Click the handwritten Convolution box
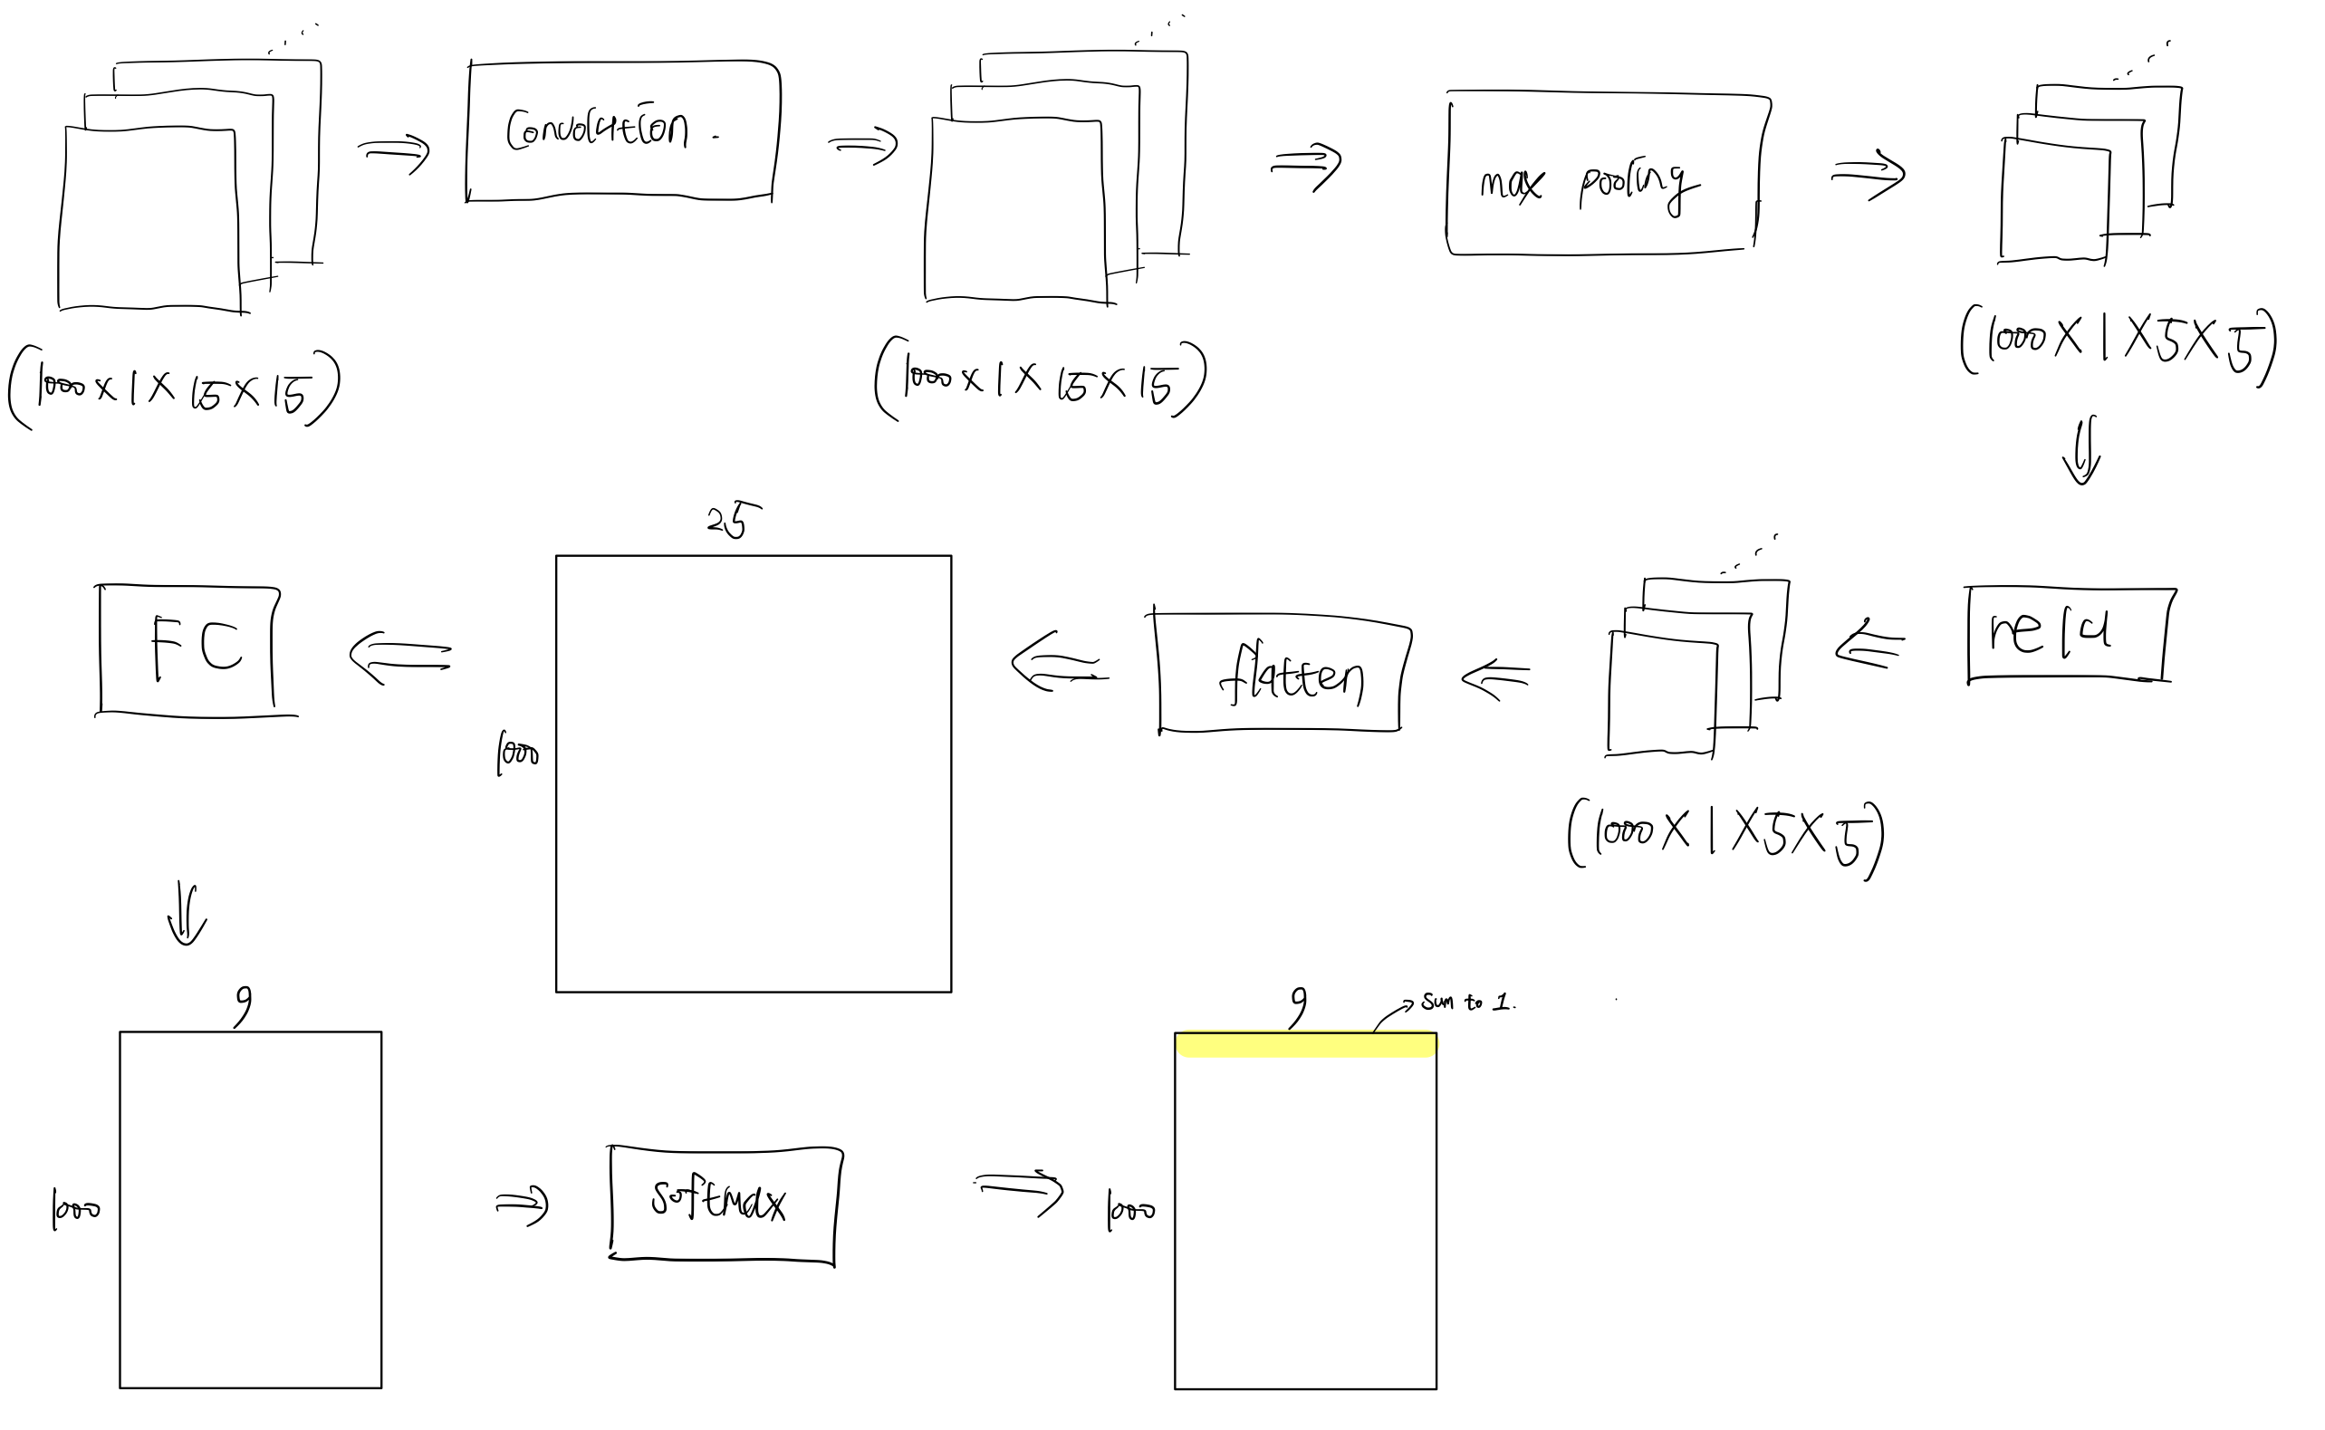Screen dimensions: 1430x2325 click(622, 130)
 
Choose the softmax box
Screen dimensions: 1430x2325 click(724, 1204)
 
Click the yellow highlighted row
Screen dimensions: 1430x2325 click(1305, 1044)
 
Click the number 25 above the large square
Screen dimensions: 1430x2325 click(733, 519)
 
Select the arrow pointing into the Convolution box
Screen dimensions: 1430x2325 click(393, 152)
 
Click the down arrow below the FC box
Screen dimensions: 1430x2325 click(187, 915)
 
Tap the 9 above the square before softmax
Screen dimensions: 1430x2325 click(243, 1005)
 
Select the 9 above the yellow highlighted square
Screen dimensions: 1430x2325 click(1299, 1007)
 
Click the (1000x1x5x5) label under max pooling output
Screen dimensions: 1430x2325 click(2117, 342)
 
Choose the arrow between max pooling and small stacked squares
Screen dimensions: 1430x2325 click(1868, 175)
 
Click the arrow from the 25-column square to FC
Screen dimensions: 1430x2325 click(400, 657)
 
